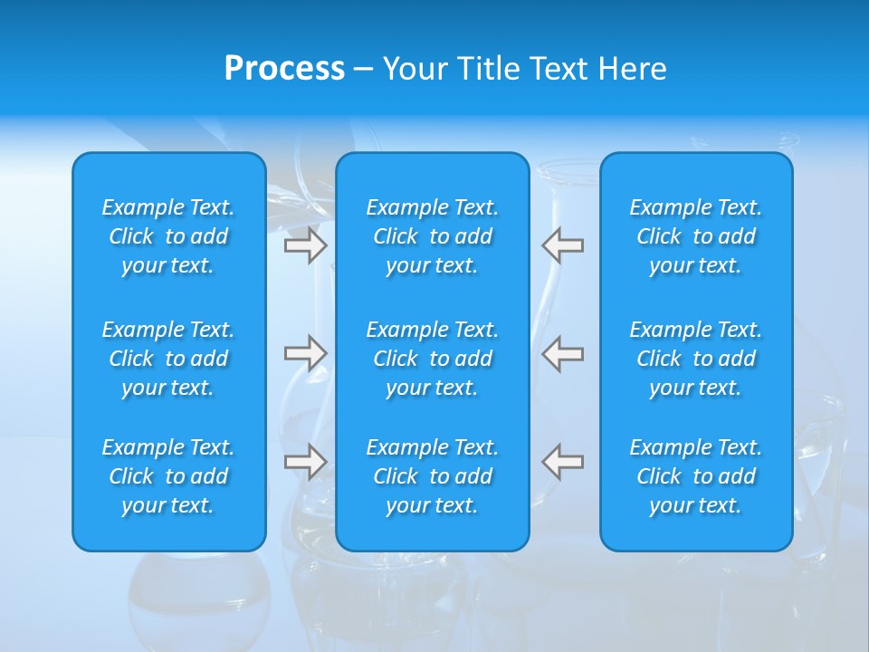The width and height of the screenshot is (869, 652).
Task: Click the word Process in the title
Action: (284, 69)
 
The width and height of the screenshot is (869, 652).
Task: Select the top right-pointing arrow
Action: (305, 245)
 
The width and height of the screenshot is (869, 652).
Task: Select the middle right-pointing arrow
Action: (305, 353)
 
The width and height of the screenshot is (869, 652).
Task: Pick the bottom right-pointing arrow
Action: (305, 462)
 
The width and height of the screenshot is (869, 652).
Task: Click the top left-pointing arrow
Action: (563, 245)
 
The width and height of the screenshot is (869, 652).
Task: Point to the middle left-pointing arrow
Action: (563, 353)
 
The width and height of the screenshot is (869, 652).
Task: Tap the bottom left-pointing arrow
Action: (563, 462)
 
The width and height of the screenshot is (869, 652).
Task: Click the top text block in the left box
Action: (168, 236)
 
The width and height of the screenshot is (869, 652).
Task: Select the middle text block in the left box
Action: (168, 359)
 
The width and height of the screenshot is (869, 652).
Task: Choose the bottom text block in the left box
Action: (168, 476)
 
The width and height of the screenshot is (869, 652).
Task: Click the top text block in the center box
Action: (433, 236)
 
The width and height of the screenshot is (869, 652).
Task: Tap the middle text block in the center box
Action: (433, 359)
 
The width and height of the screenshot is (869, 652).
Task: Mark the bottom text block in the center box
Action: (433, 476)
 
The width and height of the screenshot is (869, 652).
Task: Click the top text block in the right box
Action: (696, 236)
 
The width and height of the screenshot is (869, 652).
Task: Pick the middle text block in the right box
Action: (696, 359)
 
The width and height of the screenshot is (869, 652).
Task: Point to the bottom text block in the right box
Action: (696, 476)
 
